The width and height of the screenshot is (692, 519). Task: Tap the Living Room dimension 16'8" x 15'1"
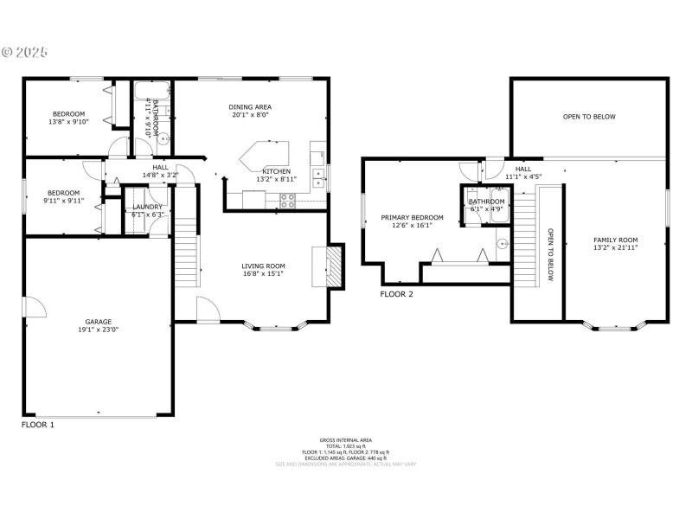tap(263, 274)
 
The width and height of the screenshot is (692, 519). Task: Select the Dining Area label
tap(250, 106)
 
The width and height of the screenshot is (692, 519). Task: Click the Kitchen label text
tap(277, 171)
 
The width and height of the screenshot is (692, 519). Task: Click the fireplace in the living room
tap(333, 264)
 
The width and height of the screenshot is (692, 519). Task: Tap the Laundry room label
tap(147, 207)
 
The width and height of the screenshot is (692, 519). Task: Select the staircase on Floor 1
tap(187, 251)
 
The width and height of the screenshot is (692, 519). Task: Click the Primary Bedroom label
tap(412, 218)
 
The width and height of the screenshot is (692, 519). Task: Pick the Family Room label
tap(615, 240)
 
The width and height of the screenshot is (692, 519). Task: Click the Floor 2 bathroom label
tap(486, 202)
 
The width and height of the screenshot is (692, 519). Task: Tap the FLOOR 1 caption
tap(37, 425)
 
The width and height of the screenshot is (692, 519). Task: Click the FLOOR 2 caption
tap(396, 294)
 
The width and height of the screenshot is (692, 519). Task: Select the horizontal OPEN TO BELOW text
tap(589, 117)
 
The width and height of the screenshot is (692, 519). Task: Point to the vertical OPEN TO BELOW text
tap(549, 255)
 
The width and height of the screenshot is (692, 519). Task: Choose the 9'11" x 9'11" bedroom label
tap(63, 193)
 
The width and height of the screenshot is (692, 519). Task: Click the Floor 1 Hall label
tap(160, 168)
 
